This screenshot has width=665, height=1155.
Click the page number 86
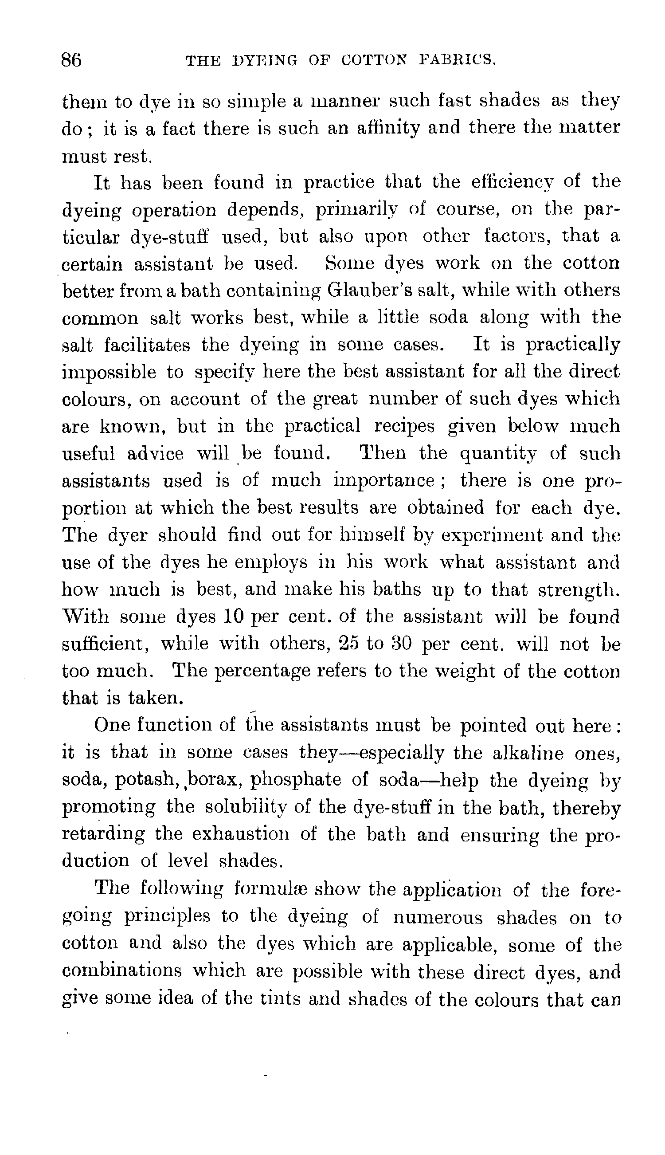(x=72, y=60)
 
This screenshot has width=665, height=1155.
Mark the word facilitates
(x=147, y=345)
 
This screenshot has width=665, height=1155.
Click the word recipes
(x=405, y=427)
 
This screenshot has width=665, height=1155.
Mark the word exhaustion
(x=240, y=834)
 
